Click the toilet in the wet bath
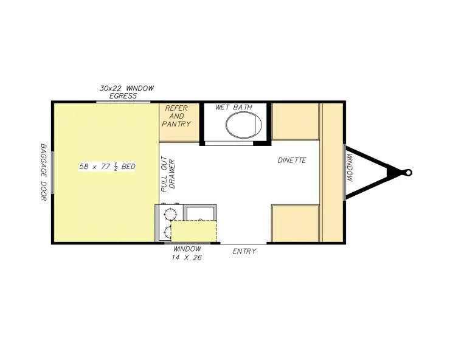coord(243,125)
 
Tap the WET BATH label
coord(233,107)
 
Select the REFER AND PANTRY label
coord(176,116)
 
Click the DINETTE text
coord(292,160)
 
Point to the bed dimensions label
coord(107,166)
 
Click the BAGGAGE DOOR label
coord(44,172)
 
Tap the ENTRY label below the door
coord(244,251)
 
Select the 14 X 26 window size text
coord(187,258)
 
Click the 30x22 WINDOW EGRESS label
coord(126,92)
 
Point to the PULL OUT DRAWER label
coord(168,174)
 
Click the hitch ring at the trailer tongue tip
coord(409,173)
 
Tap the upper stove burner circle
coord(170,214)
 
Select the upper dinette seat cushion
coord(295,122)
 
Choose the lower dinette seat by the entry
coord(295,224)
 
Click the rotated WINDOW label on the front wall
coord(350,168)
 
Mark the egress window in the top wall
coord(123,102)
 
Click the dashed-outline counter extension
coord(193,231)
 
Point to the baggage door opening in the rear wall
coord(52,173)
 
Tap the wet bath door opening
coord(229,144)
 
